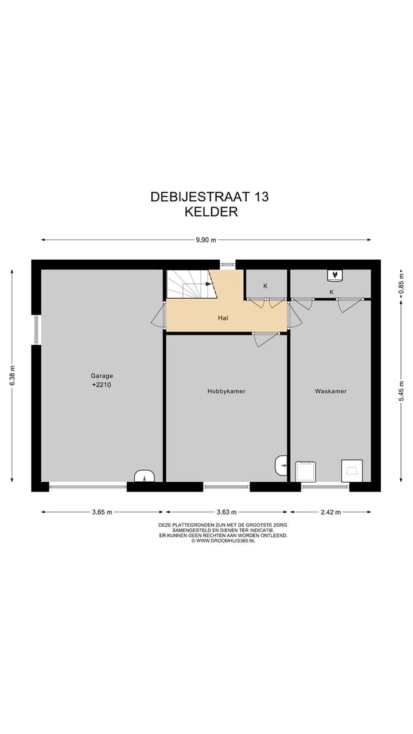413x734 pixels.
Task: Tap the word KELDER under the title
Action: coord(211,212)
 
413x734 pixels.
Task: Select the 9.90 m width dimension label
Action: coord(205,240)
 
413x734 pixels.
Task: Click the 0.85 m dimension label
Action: coord(401,282)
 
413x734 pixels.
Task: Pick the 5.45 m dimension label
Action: coord(401,392)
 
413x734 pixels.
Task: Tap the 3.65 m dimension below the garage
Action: coord(102,512)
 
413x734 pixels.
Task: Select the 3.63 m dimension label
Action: coord(227,512)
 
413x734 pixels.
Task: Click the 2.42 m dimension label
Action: coord(330,512)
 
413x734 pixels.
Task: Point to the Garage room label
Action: coord(102,376)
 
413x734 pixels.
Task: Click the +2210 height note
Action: coord(102,385)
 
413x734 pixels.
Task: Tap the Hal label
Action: coord(223,317)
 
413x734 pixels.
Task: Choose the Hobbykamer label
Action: coord(226,392)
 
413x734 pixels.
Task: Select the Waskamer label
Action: coord(330,392)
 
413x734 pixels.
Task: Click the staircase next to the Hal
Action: coord(190,284)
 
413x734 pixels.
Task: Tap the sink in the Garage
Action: coord(144,476)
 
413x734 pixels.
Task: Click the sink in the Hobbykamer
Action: coord(281,465)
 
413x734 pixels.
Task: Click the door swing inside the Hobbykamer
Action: coord(265,339)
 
